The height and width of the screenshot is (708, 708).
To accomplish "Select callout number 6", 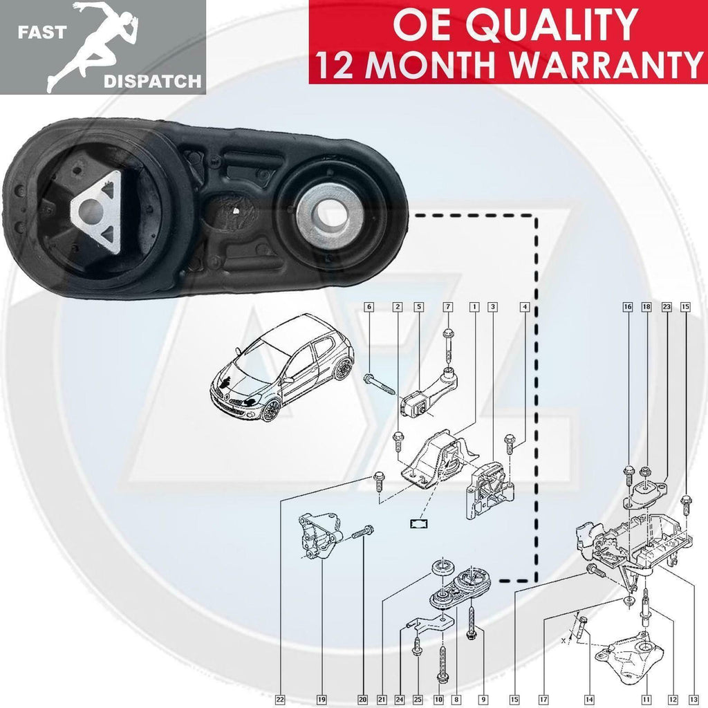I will coord(369,306).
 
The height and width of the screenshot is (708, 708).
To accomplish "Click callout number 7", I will coord(447,306).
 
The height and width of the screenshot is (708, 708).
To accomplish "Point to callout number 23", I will coord(667,306).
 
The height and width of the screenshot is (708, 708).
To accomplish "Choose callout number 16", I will coord(628,306).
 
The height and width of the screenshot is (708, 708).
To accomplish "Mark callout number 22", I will coord(280,699).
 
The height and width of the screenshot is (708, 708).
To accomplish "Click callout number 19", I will coord(322,699).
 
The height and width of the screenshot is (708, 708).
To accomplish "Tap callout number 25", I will coord(418,699).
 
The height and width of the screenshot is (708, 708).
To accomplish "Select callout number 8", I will coord(456,699).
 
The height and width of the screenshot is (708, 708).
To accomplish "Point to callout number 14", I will coord(588,699).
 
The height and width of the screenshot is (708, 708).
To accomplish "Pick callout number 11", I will coord(646,699).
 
